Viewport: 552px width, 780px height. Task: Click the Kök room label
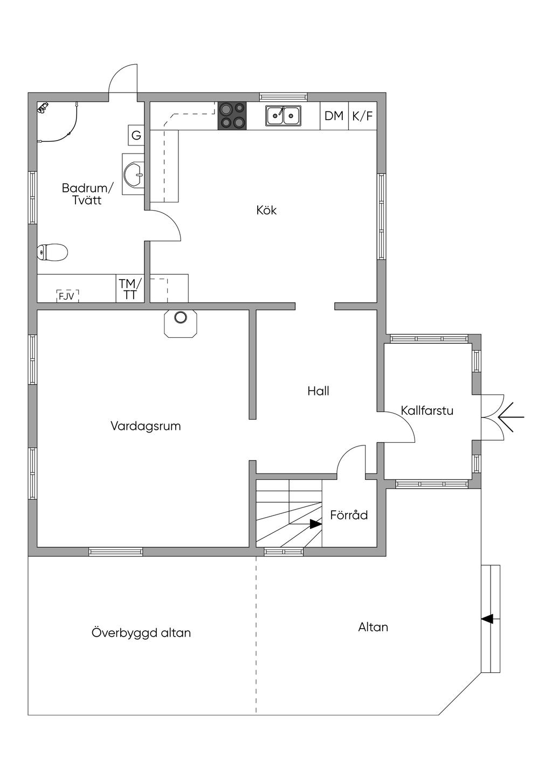point(267,210)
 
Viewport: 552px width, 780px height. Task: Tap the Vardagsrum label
point(146,426)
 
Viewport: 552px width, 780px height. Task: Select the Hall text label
point(318,391)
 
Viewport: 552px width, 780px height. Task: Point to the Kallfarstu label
point(427,410)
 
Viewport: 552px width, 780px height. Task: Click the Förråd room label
point(349,514)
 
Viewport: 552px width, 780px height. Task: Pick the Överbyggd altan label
point(141,632)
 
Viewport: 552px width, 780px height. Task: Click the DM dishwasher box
point(334,116)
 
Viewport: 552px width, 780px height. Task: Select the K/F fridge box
point(362,116)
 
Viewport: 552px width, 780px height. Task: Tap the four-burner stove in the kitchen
point(232,116)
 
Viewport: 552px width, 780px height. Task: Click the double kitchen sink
point(284,116)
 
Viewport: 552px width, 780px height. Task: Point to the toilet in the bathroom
point(52,252)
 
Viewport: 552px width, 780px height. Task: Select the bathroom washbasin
point(134,174)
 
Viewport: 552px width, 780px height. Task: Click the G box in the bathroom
point(136,135)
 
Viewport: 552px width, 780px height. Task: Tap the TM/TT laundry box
point(130,289)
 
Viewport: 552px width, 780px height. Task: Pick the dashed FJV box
point(68,296)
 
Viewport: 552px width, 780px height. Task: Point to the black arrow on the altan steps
point(487,619)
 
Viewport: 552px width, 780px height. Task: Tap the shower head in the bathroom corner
point(43,108)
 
